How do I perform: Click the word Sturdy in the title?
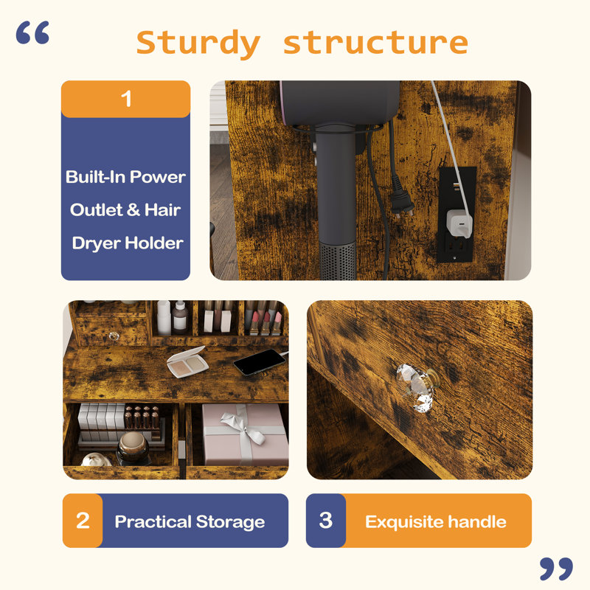[x=198, y=44]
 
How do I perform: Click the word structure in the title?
[x=375, y=42]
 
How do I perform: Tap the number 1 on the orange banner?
[x=126, y=99]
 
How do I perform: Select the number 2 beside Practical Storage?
[x=83, y=521]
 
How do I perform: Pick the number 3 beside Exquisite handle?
[x=326, y=521]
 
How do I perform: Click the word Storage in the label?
[x=230, y=522]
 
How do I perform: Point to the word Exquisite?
[x=403, y=522]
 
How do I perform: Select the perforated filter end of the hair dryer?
[x=338, y=261]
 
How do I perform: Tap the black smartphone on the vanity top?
[x=260, y=362]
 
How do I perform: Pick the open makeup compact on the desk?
[x=187, y=362]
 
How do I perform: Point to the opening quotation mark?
[x=32, y=32]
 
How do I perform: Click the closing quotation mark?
[x=556, y=569]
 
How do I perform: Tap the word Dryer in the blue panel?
[x=97, y=244]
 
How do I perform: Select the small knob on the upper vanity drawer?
[x=114, y=336]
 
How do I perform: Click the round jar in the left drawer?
[x=132, y=448]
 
